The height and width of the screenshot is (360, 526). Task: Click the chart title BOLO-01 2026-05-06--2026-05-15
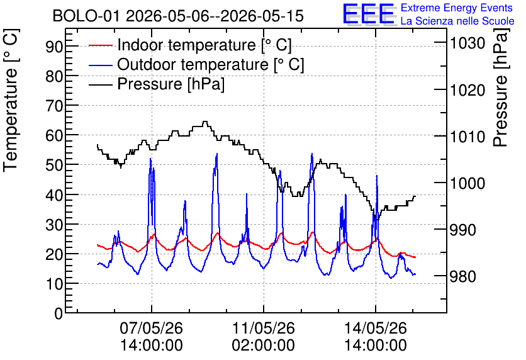(x=178, y=16)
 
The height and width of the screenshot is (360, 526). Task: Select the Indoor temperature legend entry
(x=190, y=45)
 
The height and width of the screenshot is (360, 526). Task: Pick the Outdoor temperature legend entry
(x=196, y=64)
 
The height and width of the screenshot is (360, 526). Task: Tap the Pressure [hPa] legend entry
(x=157, y=84)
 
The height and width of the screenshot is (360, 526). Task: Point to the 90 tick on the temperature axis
(x=54, y=47)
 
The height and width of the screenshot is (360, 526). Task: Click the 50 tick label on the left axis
(x=54, y=165)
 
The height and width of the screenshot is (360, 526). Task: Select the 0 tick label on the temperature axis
(x=59, y=313)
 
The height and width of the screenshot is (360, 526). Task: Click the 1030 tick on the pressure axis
(x=467, y=43)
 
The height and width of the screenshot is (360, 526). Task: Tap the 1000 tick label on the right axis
(x=467, y=183)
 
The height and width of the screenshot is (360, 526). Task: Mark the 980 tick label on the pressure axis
(x=463, y=276)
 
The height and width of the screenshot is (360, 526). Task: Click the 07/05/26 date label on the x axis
(x=151, y=328)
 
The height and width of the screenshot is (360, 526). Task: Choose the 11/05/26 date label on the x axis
(x=264, y=328)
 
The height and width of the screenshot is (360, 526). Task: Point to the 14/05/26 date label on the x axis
(x=376, y=328)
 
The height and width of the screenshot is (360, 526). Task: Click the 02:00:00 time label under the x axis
(x=264, y=346)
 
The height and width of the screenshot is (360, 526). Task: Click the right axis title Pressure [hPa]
(x=501, y=88)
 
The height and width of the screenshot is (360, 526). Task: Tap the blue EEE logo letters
(x=369, y=14)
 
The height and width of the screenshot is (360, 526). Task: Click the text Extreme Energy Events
(x=457, y=8)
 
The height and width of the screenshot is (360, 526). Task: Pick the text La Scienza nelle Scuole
(x=457, y=21)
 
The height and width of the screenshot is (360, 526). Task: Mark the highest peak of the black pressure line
(x=205, y=121)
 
